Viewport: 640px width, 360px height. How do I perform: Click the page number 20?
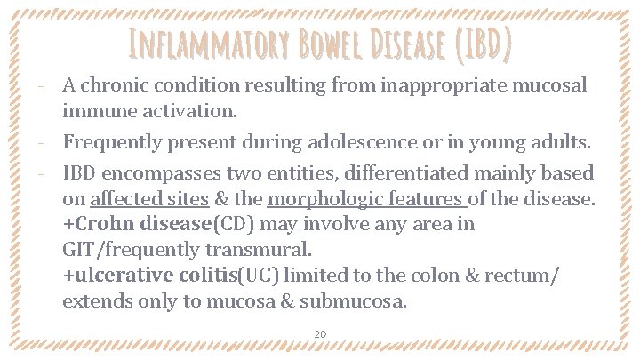[320, 334]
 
